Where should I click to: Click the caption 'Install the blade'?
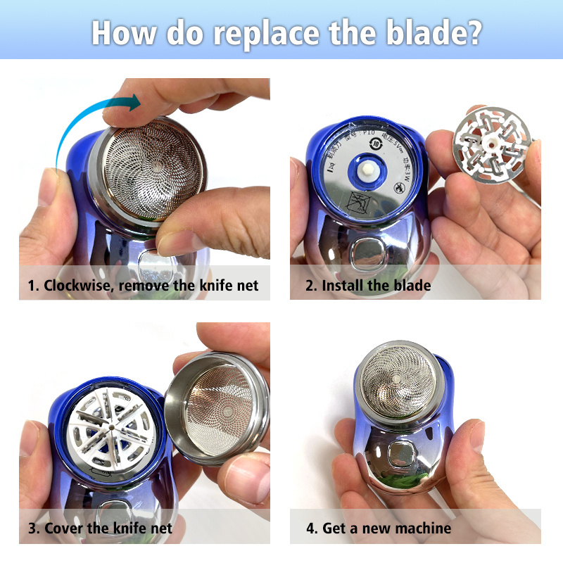377,286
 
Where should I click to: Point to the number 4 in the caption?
310,528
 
